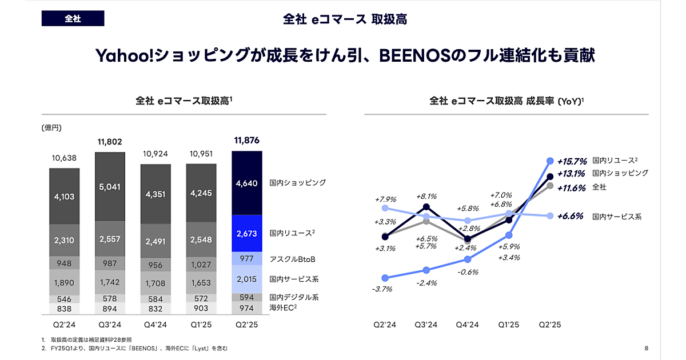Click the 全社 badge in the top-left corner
point(73,19)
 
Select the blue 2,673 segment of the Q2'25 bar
point(247,233)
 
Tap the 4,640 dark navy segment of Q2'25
point(247,183)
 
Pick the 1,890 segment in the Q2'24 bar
point(64,282)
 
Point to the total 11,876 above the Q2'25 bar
point(247,141)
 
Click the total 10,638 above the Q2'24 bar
point(64,158)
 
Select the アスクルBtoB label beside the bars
point(293,259)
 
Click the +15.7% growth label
point(573,161)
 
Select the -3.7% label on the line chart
point(382,289)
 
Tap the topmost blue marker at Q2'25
point(550,161)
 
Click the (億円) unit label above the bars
point(51,127)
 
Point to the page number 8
point(646,349)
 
